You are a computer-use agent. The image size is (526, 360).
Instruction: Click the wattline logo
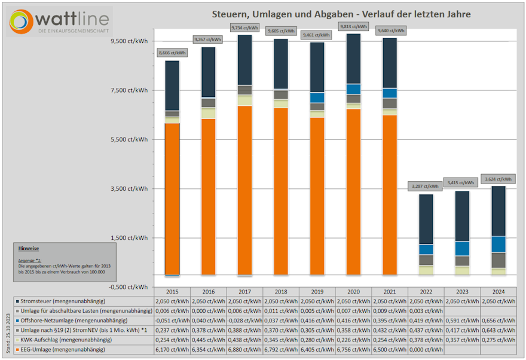pos(60,22)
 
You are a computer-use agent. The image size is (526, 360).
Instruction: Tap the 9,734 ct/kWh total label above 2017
pos(244,28)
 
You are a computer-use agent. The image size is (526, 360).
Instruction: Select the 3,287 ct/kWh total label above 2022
pos(424,186)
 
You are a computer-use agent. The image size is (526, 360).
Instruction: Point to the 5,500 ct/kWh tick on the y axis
pos(130,139)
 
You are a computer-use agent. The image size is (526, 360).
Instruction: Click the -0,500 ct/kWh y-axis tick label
pos(130,286)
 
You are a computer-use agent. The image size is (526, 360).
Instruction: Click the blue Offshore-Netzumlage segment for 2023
pos(462,248)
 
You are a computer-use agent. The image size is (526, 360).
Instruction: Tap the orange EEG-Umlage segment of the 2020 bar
pos(353,191)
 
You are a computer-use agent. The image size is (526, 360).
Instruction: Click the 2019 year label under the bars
pos(317,292)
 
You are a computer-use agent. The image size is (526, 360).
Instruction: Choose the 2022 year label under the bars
pos(426,292)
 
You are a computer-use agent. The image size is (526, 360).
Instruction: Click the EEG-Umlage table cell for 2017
pos(244,349)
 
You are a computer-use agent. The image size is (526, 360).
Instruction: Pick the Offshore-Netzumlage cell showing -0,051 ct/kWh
pos(172,321)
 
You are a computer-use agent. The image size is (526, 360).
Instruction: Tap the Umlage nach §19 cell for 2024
pos(498,330)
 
